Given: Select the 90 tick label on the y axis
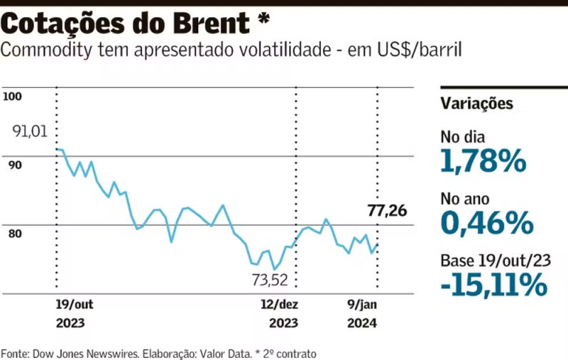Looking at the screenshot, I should tap(15, 165).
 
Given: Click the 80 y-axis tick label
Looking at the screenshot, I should tap(15, 234).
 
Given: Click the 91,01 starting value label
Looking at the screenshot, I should tap(30, 132).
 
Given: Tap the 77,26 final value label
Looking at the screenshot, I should tap(387, 211).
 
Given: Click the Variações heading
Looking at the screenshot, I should tap(476, 103).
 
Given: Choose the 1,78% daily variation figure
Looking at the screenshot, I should tap(483, 160).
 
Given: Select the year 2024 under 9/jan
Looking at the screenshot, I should tap(362, 323).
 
